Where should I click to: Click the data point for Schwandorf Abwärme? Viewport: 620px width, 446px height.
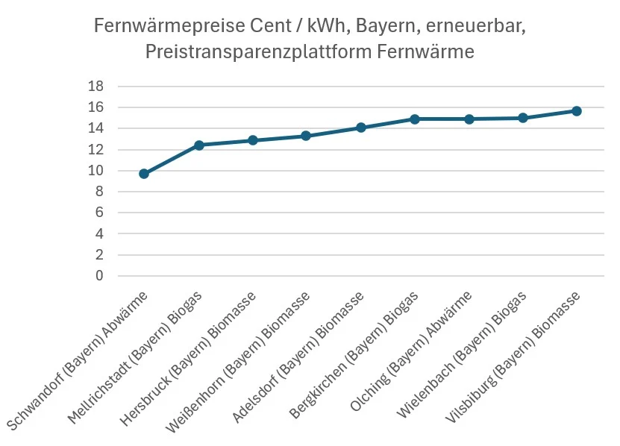(x=144, y=174)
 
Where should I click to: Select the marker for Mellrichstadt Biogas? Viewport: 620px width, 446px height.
(x=198, y=145)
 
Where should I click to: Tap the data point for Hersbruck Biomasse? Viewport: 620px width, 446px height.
(x=252, y=140)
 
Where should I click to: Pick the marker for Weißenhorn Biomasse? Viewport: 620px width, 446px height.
(x=306, y=136)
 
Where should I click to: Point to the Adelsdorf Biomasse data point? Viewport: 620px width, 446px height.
(x=360, y=128)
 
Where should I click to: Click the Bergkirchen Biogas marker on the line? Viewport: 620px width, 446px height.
(x=414, y=119)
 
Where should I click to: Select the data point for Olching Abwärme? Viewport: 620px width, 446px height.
(x=469, y=119)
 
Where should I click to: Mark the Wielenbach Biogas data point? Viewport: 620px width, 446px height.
(x=522, y=118)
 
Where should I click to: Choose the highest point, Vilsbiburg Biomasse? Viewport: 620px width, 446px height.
(x=577, y=111)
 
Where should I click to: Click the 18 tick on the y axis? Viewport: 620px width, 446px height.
(x=95, y=87)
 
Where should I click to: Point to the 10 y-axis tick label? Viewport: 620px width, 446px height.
(x=95, y=171)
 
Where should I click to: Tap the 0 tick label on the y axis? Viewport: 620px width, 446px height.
(x=98, y=276)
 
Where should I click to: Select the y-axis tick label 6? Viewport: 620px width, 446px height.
(x=98, y=213)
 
